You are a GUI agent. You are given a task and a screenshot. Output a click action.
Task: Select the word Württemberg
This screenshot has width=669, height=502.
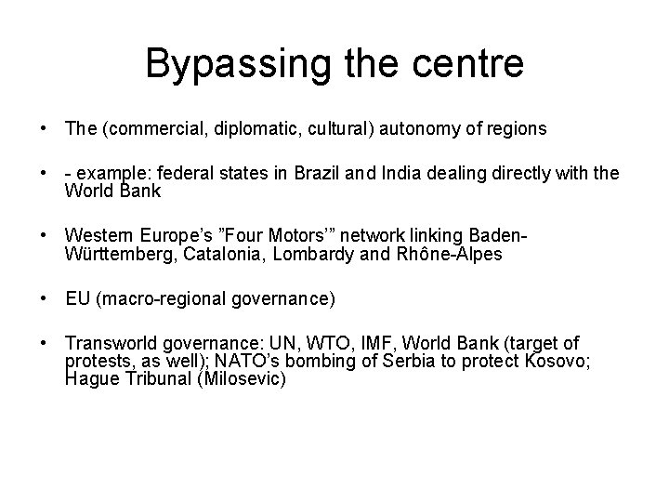click(114, 253)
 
